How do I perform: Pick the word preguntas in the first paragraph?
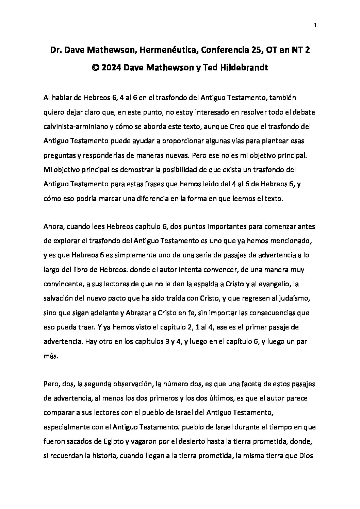tap(60, 155)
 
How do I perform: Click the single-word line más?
tap(50, 357)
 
